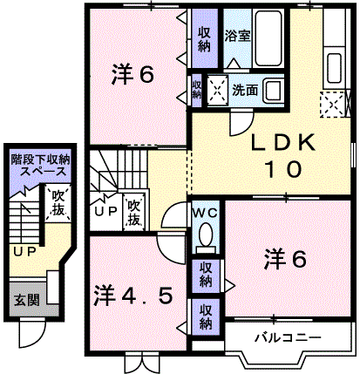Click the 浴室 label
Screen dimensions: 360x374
coord(237,36)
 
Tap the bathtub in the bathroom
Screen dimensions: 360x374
coord(268,37)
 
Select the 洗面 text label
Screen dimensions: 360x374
coord(245,91)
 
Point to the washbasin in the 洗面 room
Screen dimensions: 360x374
coord(273,90)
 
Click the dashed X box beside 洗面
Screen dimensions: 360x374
coord(218,90)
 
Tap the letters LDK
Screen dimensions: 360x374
coord(283,142)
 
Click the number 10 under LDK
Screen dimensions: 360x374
coord(283,169)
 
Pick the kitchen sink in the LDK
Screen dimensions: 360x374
coord(334,68)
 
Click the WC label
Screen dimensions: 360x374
coord(206,214)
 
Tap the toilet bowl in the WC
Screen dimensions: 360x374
coord(206,235)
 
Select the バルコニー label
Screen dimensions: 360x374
coord(289,337)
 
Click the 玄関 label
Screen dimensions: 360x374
coord(27,300)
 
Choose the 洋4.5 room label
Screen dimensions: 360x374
coord(133,296)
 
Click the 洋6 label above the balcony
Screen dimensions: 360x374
coord(285,260)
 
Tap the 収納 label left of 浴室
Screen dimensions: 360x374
coord(205,39)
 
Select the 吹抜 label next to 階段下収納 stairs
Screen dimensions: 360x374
coord(58,203)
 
